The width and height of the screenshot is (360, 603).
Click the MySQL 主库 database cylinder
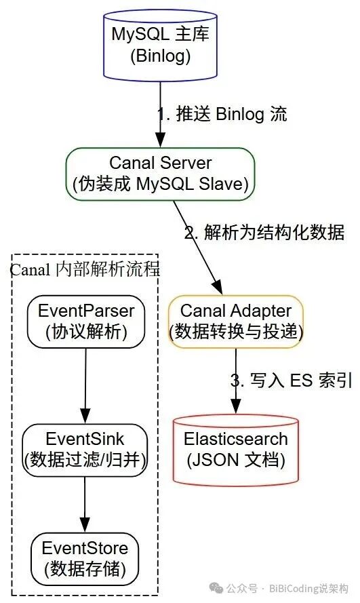tap(160, 41)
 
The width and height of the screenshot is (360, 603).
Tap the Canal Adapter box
tap(235, 321)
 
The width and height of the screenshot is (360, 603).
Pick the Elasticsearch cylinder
tap(235, 448)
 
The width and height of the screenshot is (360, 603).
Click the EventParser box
tap(86, 321)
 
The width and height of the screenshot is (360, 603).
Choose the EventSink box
tap(85, 448)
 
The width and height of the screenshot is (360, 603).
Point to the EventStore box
tap(85, 557)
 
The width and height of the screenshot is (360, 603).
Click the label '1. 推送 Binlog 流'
tap(222, 114)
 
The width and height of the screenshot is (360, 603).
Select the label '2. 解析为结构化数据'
tap(265, 233)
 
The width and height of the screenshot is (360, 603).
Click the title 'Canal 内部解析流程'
tap(85, 269)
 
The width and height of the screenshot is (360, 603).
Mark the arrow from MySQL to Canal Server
tap(160, 112)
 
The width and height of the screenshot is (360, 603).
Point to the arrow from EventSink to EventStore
tap(85, 504)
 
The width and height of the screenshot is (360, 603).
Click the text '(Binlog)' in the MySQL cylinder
tap(160, 56)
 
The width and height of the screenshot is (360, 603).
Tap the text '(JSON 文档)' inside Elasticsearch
tap(235, 460)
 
